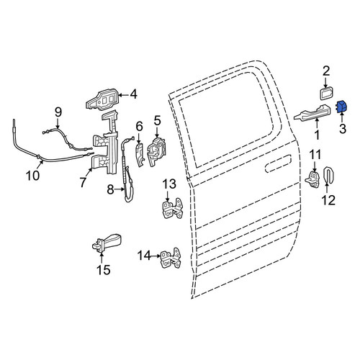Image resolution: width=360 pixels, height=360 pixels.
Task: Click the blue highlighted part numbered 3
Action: (341, 107)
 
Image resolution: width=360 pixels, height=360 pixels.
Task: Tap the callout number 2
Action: (326, 71)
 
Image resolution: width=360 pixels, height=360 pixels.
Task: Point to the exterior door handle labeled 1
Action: (312, 113)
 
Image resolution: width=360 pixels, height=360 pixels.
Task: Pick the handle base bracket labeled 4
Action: (103, 100)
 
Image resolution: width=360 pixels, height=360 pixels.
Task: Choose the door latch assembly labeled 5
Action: (157, 151)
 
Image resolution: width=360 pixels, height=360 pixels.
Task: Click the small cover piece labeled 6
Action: (140, 154)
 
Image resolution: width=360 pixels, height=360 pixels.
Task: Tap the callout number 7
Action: (83, 182)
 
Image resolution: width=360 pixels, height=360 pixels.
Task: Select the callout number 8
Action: (110, 190)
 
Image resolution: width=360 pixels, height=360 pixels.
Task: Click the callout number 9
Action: (58, 112)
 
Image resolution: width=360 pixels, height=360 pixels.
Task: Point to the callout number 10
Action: (33, 176)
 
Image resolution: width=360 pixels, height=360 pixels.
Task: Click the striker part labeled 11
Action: (312, 179)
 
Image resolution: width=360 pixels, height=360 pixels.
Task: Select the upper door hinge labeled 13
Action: (172, 208)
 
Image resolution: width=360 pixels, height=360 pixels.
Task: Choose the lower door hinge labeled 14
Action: (171, 258)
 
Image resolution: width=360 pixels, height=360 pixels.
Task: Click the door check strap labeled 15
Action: (107, 243)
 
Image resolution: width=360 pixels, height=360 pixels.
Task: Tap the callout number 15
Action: (104, 270)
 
